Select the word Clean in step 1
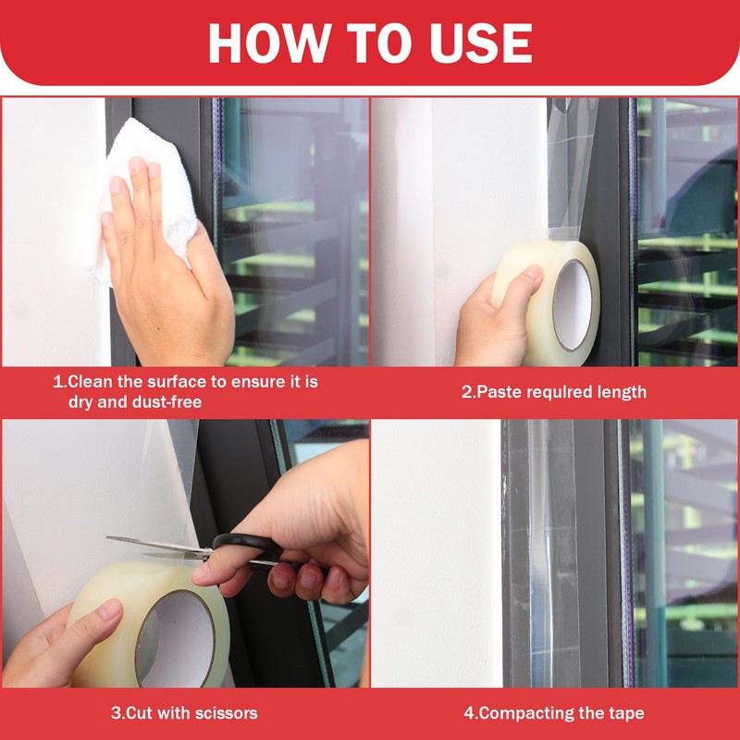(x=90, y=381)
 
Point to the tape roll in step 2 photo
(x=546, y=302)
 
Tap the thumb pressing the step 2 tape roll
(x=524, y=278)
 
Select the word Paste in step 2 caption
(x=499, y=391)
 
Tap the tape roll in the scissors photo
(x=148, y=623)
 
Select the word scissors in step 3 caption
(x=224, y=712)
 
